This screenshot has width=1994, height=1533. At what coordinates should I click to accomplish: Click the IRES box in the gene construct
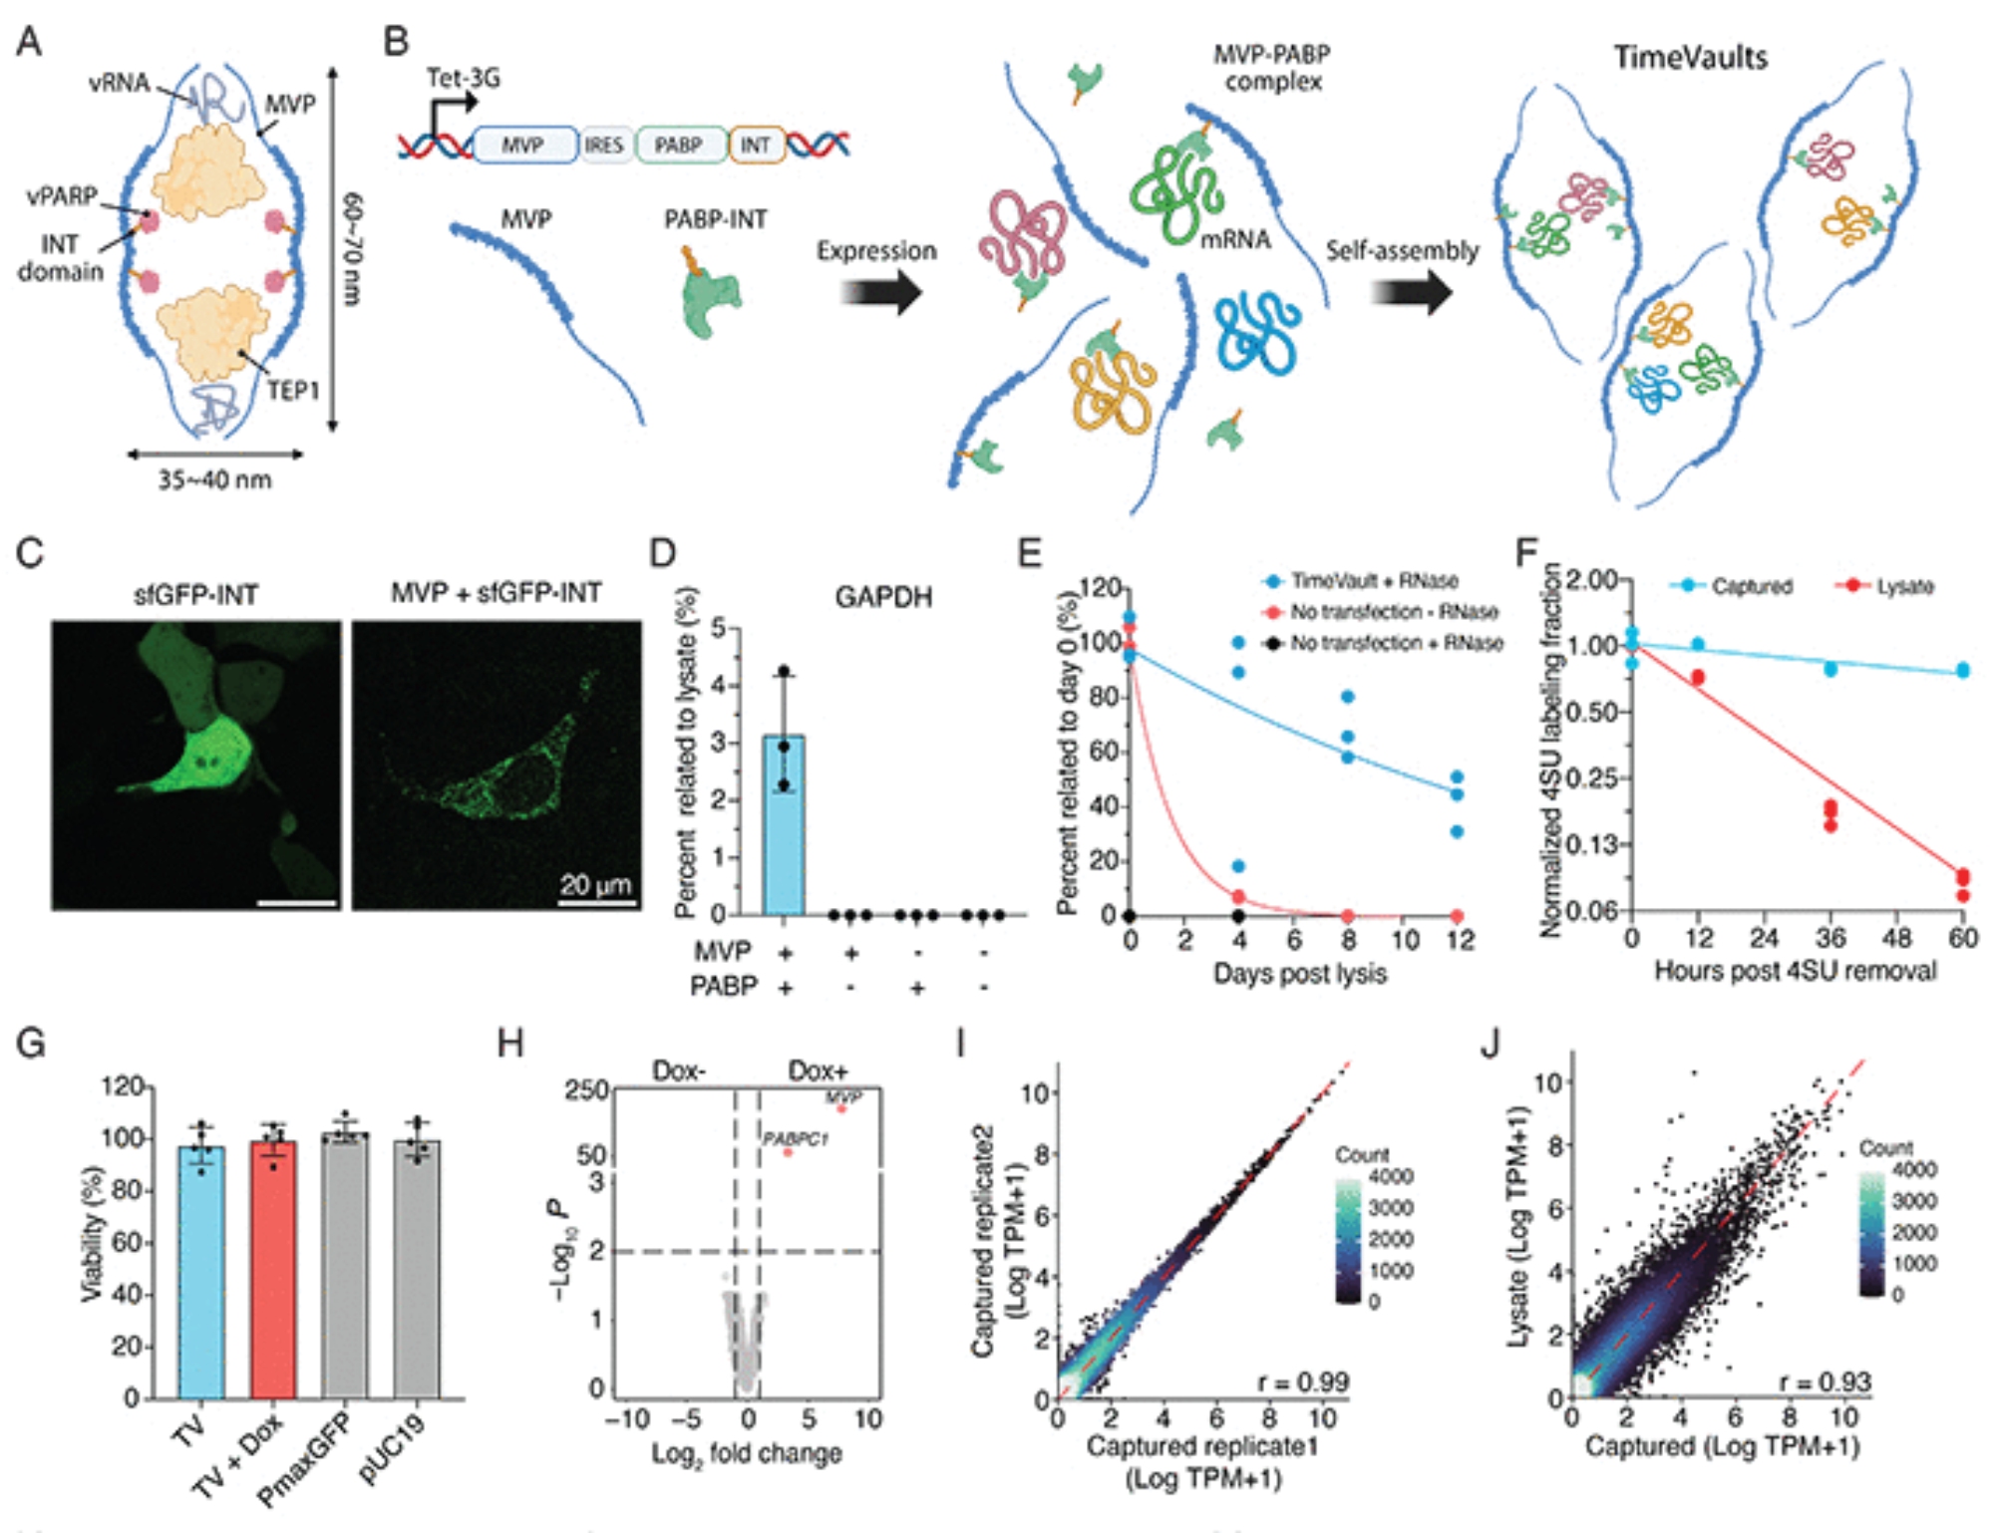(603, 146)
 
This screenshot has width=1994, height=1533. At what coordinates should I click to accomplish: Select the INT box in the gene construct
(756, 146)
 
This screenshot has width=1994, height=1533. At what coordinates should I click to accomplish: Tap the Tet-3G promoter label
(463, 78)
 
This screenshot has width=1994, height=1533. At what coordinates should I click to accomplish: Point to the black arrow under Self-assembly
(1410, 293)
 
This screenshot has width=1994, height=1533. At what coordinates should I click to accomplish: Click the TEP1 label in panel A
(292, 390)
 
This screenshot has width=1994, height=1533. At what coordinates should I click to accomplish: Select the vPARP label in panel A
(62, 195)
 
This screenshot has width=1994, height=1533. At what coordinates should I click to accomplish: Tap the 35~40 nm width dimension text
(214, 479)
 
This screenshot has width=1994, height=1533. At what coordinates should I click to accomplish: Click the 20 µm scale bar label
(595, 883)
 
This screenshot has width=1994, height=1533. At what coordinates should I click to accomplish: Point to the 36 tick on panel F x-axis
(1830, 938)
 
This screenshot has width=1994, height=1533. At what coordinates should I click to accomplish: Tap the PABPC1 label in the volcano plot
(795, 1138)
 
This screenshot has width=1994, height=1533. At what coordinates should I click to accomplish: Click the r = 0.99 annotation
(1302, 1382)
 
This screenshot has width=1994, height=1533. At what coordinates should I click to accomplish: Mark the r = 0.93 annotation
(1825, 1382)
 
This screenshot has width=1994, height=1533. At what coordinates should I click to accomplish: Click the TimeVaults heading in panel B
(1690, 58)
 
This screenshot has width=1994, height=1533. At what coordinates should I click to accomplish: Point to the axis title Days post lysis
(1299, 973)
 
